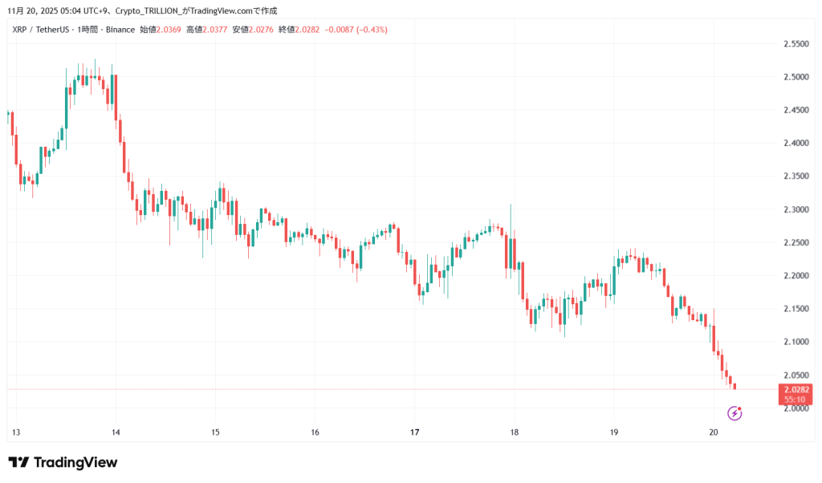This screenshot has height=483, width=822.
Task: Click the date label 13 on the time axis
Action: click(x=15, y=432)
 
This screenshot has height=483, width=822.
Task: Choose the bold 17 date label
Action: click(x=414, y=432)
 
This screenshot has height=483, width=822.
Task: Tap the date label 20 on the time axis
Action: click(x=714, y=432)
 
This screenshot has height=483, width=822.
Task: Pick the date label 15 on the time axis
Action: click(x=215, y=432)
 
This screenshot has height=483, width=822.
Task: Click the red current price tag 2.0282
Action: click(x=795, y=389)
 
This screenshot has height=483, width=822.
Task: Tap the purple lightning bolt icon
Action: click(x=735, y=413)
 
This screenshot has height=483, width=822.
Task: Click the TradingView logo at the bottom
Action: click(x=63, y=462)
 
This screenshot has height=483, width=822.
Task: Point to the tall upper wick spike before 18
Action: click(x=511, y=210)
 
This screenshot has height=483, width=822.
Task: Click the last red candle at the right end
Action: click(x=735, y=387)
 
